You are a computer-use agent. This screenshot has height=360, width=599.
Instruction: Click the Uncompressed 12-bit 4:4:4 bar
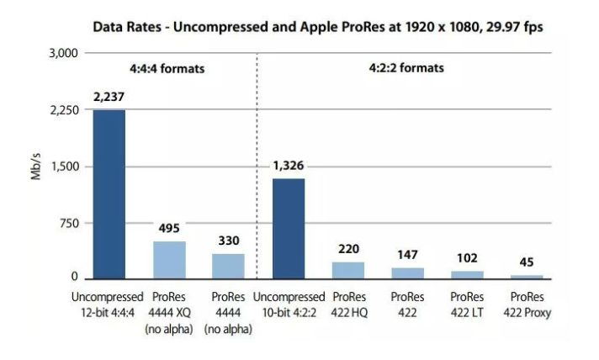109,193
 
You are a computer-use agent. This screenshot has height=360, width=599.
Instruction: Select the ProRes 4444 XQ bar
169,260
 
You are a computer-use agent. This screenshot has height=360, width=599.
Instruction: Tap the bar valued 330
228,266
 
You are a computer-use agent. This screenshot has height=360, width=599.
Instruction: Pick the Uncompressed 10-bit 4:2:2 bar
288,228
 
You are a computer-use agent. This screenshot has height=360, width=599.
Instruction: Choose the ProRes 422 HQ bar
348,270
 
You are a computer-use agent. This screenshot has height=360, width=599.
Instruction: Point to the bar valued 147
407,273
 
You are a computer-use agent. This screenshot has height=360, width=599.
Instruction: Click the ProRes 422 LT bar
467,274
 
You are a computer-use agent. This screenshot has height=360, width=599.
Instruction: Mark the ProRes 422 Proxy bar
527,277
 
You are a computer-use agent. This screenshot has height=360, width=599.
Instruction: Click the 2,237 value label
109,98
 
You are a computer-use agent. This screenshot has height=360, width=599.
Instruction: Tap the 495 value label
169,228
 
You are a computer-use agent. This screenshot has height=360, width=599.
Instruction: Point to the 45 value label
527,262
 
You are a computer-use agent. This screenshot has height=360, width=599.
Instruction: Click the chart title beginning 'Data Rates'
317,27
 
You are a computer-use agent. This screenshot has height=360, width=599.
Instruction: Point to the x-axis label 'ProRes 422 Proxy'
527,305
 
